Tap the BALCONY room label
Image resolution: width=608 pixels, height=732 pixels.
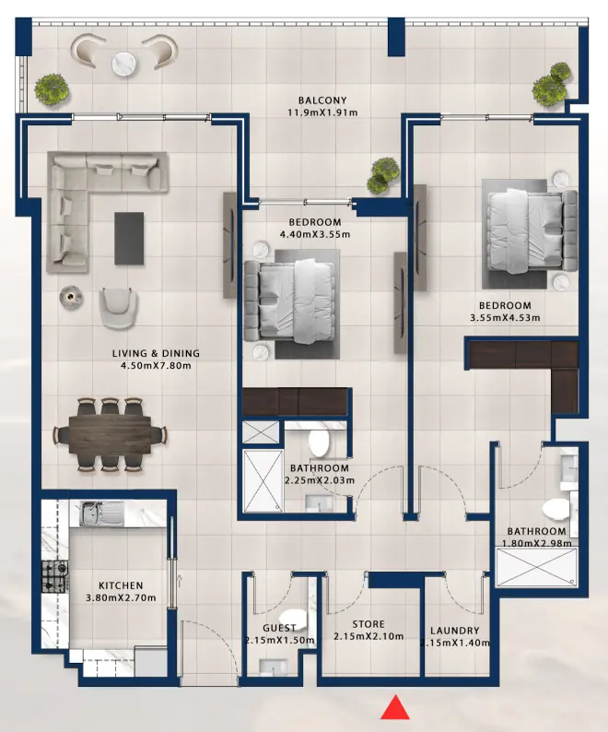coord(322,100)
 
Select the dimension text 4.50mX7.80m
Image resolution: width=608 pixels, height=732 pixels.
coord(156,366)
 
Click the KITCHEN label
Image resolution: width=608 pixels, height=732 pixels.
coord(121,585)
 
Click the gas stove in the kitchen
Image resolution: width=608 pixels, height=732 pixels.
coord(51,576)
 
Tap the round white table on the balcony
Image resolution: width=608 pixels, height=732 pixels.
coord(124,63)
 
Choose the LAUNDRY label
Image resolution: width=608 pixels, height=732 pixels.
coord(454,632)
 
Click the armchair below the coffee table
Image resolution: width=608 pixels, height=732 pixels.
coord(119,307)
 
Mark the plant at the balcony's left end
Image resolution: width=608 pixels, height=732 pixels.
coord(52,89)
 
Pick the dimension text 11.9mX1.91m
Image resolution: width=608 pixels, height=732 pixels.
coord(322,113)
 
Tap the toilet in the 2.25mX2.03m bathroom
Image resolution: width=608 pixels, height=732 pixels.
coord(319,443)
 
